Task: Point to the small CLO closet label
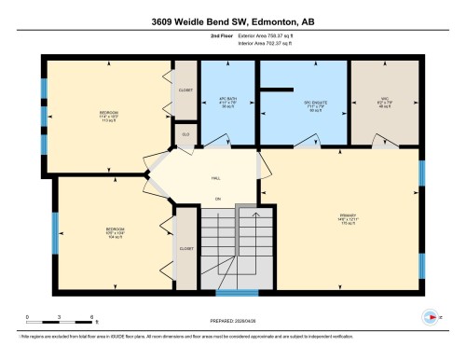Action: point(185,134)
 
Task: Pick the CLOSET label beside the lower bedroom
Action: point(185,249)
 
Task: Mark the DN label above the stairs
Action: point(217,199)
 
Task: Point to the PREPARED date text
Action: point(233,320)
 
